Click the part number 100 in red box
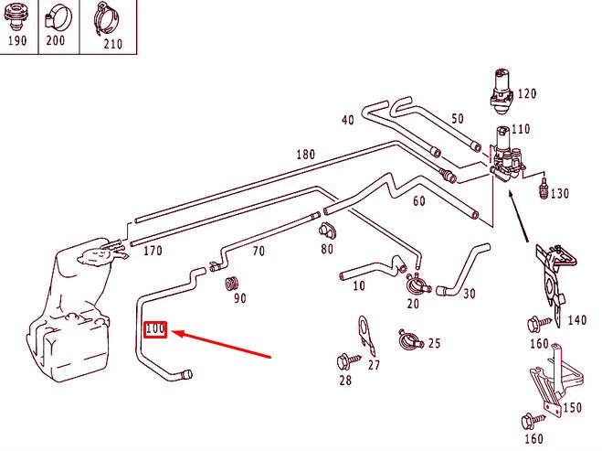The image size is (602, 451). (x=155, y=328)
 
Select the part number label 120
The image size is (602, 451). (x=526, y=94)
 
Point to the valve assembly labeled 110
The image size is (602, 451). (x=504, y=156)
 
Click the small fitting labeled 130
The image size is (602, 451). (x=544, y=191)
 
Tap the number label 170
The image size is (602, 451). (x=153, y=250)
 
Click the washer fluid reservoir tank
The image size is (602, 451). (x=69, y=316)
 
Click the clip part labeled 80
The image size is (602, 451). (x=327, y=229)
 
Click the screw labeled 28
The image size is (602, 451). (x=345, y=360)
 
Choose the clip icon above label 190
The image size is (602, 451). (x=17, y=16)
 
